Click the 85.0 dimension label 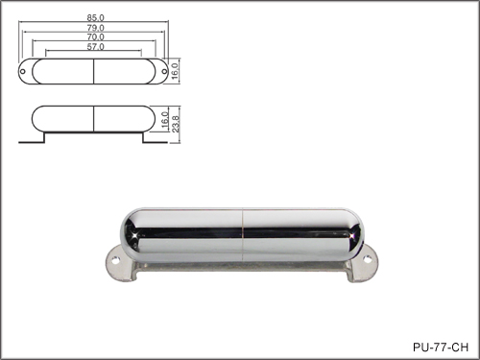(x=95, y=18)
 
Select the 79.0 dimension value (x=95, y=28)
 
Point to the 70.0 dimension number (x=95, y=37)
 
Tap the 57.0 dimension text (x=95, y=47)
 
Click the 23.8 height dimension (x=177, y=125)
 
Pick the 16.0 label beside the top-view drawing (x=175, y=71)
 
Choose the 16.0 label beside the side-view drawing (x=165, y=120)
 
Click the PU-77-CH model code (x=441, y=347)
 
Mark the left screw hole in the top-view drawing (x=23, y=71)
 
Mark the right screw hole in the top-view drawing (x=164, y=71)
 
